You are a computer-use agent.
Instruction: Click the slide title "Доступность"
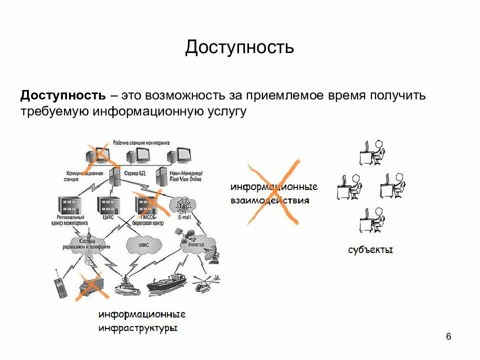(239, 48)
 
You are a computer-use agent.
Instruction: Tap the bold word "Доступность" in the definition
(62, 95)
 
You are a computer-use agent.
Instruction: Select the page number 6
(448, 336)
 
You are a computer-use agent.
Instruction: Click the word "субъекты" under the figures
(370, 249)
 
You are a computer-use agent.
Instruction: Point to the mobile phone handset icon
(59, 287)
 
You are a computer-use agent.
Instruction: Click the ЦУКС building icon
(108, 205)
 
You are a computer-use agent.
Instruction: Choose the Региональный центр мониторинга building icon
(69, 205)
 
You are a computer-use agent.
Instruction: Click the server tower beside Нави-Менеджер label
(161, 177)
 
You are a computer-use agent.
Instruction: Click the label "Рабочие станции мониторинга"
(141, 143)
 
